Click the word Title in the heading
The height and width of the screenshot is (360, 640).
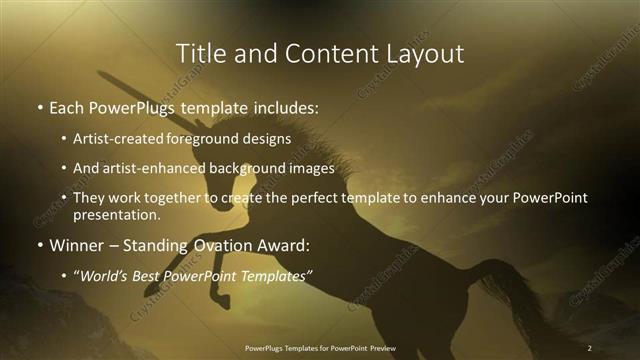[x=199, y=52]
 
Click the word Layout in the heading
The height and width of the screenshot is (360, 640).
[x=427, y=52]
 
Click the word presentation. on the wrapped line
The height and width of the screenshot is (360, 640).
[x=116, y=214]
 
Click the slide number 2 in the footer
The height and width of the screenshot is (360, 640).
[x=590, y=347]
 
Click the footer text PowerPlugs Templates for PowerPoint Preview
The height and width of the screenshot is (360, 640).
[x=320, y=347]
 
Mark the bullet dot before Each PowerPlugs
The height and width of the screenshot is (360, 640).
[x=39, y=106]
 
